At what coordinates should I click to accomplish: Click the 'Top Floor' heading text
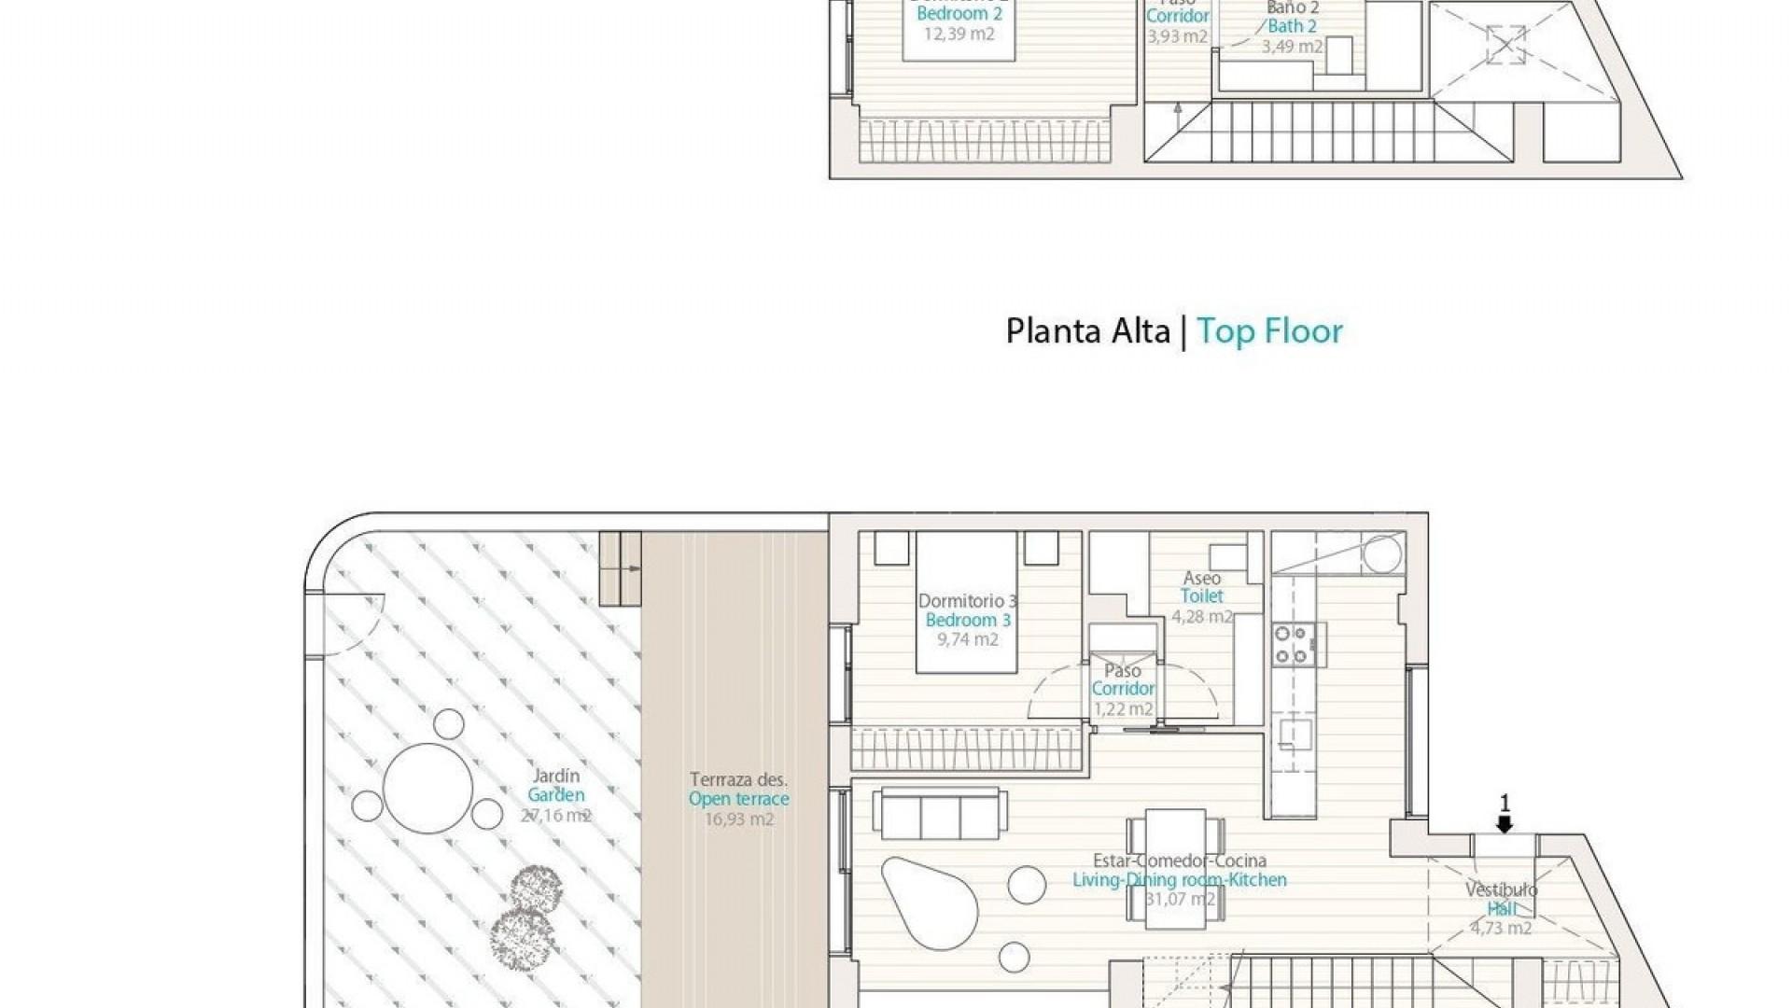click(1269, 331)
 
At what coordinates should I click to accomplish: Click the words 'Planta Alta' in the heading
click(1087, 331)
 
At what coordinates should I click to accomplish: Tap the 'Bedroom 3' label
click(968, 621)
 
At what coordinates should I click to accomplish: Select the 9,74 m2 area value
click(968, 640)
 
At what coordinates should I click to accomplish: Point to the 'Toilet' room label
click(1201, 596)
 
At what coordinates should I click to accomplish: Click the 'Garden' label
click(556, 795)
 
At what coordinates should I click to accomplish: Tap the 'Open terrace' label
click(738, 799)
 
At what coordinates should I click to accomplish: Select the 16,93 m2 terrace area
click(738, 819)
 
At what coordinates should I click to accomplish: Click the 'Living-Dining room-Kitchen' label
click(1180, 880)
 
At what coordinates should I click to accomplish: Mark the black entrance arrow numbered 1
click(1504, 825)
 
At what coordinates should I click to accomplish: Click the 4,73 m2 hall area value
click(1502, 929)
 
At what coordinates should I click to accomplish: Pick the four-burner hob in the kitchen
click(1293, 645)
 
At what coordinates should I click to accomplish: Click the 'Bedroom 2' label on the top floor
click(959, 14)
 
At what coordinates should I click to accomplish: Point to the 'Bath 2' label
click(1292, 26)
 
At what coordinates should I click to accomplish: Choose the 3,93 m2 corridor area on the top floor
click(1177, 37)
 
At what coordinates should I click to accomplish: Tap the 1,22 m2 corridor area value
click(1123, 709)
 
